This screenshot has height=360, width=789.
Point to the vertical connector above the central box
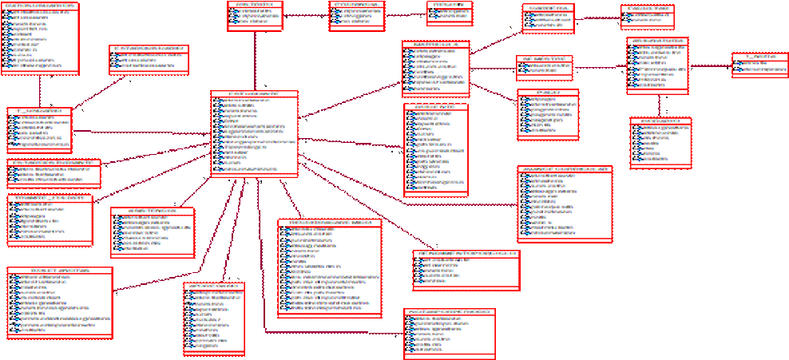click(x=255, y=61)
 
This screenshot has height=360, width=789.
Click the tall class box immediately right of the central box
click(x=435, y=148)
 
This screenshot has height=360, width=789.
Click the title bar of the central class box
click(x=255, y=94)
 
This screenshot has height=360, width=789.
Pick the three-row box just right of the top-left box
click(x=149, y=57)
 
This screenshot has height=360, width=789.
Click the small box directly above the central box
click(x=255, y=16)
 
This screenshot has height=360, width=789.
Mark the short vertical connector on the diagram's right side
click(x=659, y=105)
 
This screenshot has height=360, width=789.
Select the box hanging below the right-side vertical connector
click(x=660, y=143)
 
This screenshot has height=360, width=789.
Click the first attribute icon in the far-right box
click(x=737, y=64)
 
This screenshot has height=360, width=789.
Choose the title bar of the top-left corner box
click(x=40, y=6)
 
